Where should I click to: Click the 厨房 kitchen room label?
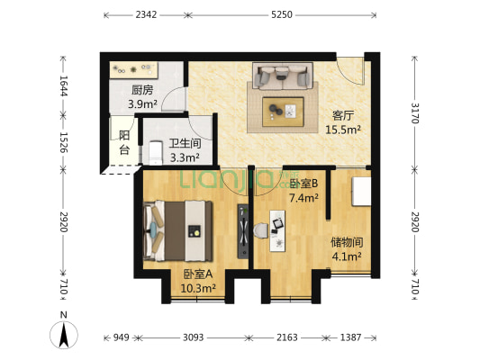(x=142, y=90)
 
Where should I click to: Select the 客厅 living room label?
(x=342, y=115)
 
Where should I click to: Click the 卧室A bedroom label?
(x=198, y=274)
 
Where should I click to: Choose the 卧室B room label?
(x=303, y=184)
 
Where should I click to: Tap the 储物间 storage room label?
(x=346, y=241)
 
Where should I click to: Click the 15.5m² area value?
(x=342, y=129)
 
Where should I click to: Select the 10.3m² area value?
(x=198, y=288)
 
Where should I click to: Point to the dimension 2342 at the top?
(x=147, y=14)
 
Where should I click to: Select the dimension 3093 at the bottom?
(x=193, y=337)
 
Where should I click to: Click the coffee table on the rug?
(x=283, y=111)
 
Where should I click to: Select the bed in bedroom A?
(x=180, y=229)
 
